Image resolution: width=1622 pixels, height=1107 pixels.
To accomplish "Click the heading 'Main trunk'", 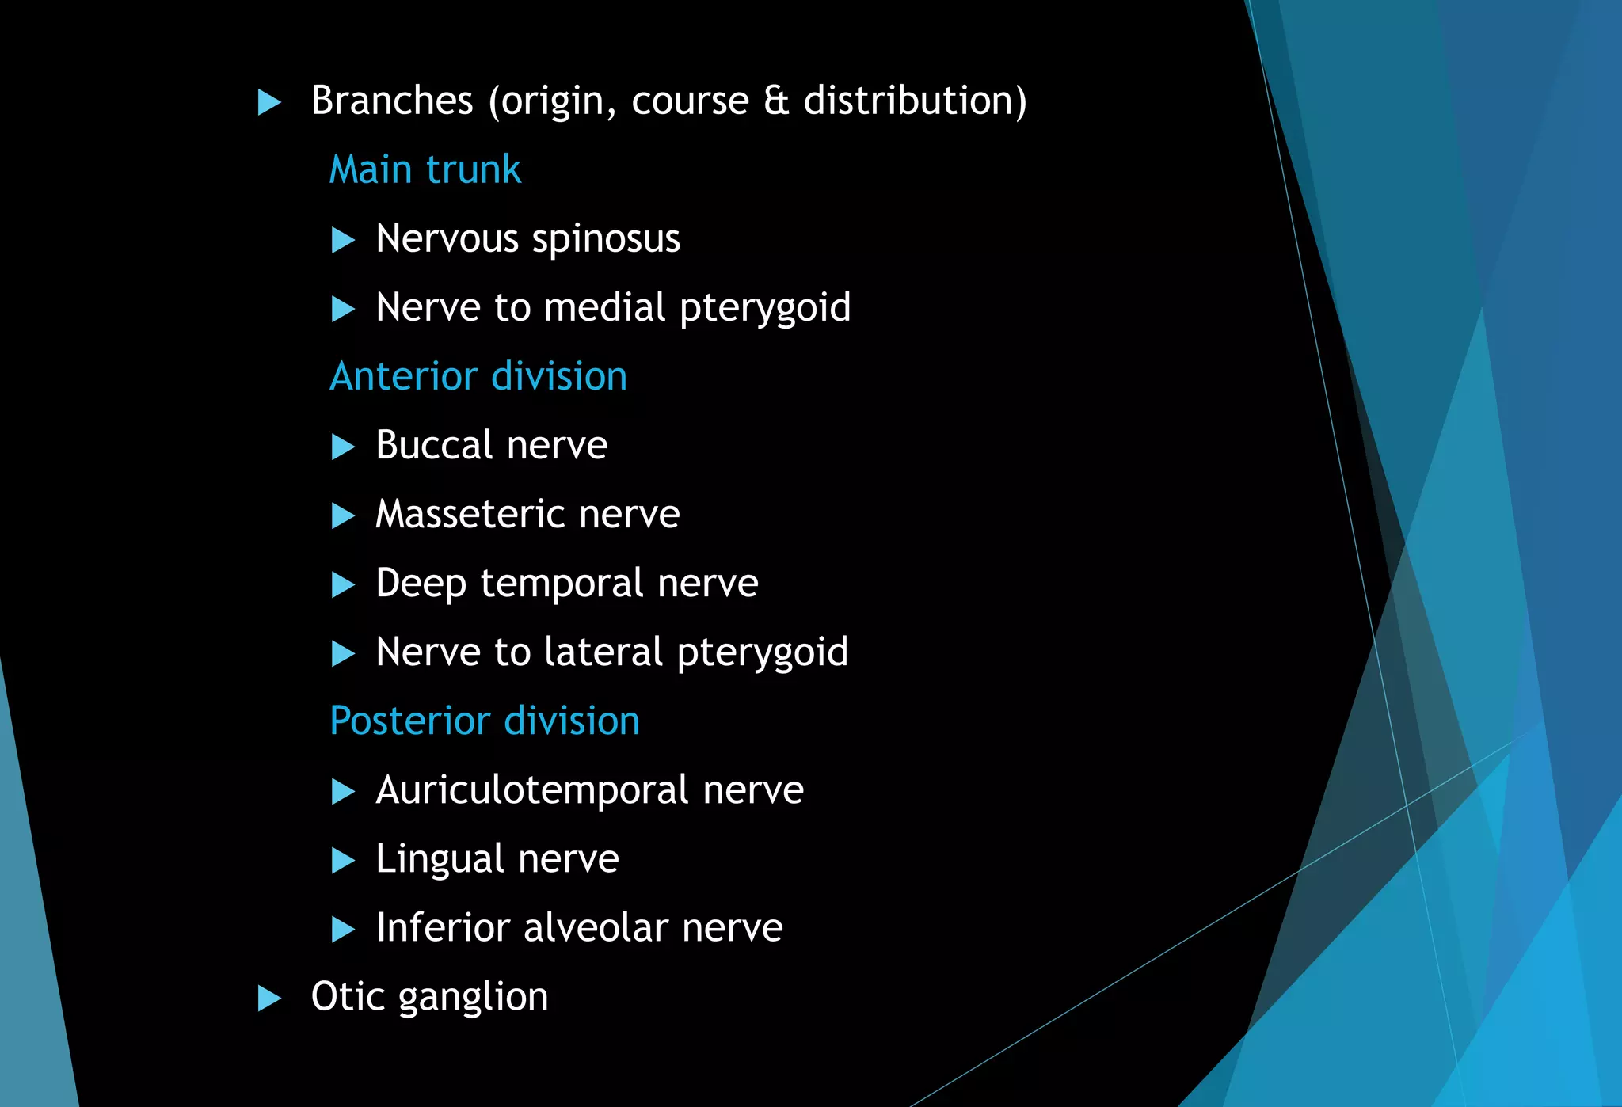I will pos(425,169).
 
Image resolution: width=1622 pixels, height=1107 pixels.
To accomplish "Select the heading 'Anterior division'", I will pos(478,376).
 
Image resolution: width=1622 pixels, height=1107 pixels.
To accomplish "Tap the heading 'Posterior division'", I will pos(485,721).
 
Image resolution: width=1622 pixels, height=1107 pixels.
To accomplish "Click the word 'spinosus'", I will pos(606,239).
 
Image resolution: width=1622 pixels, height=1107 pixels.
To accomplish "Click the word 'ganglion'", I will pos(473,997).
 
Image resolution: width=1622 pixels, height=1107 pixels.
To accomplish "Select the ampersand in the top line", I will pos(776,101).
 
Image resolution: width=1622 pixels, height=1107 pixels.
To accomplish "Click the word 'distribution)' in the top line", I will pos(915,101).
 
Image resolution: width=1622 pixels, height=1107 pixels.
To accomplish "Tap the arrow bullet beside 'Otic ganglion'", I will pos(270,998).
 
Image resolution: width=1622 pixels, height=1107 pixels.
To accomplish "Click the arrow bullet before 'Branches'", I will pos(270,102).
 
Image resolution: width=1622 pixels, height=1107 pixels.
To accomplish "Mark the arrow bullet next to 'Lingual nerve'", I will pos(343,860).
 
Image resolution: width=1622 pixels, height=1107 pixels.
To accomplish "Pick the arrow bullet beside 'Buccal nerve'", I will pos(343,447).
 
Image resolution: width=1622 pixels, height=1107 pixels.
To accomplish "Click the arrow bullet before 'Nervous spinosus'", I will pos(343,240).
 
